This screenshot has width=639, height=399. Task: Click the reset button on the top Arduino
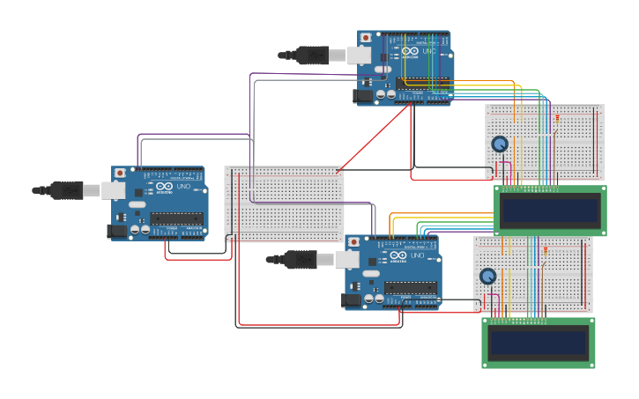click(x=366, y=38)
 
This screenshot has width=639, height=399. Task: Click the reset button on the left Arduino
click(x=120, y=174)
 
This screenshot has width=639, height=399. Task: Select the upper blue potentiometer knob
click(x=500, y=144)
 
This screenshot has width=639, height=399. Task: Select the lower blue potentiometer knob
click(x=487, y=276)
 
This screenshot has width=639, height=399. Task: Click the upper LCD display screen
click(x=550, y=211)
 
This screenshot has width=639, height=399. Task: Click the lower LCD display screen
click(x=538, y=342)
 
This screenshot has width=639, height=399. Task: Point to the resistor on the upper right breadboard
click(x=555, y=118)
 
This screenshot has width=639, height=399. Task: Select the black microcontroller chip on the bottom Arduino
click(x=410, y=287)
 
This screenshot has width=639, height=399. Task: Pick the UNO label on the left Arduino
click(x=183, y=187)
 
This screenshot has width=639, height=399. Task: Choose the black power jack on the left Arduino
click(x=115, y=231)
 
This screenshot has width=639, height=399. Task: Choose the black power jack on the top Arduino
click(x=361, y=95)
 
